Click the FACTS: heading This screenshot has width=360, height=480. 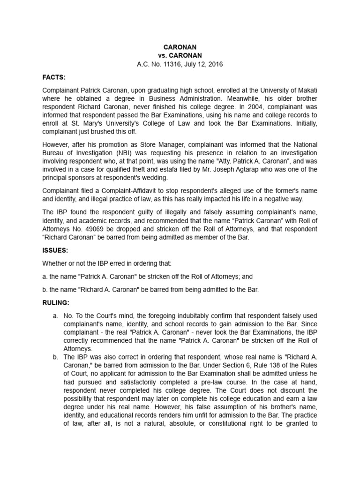tap(54, 76)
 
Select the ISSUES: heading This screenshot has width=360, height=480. tap(55, 250)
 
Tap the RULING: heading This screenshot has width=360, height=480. tap(56, 303)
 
